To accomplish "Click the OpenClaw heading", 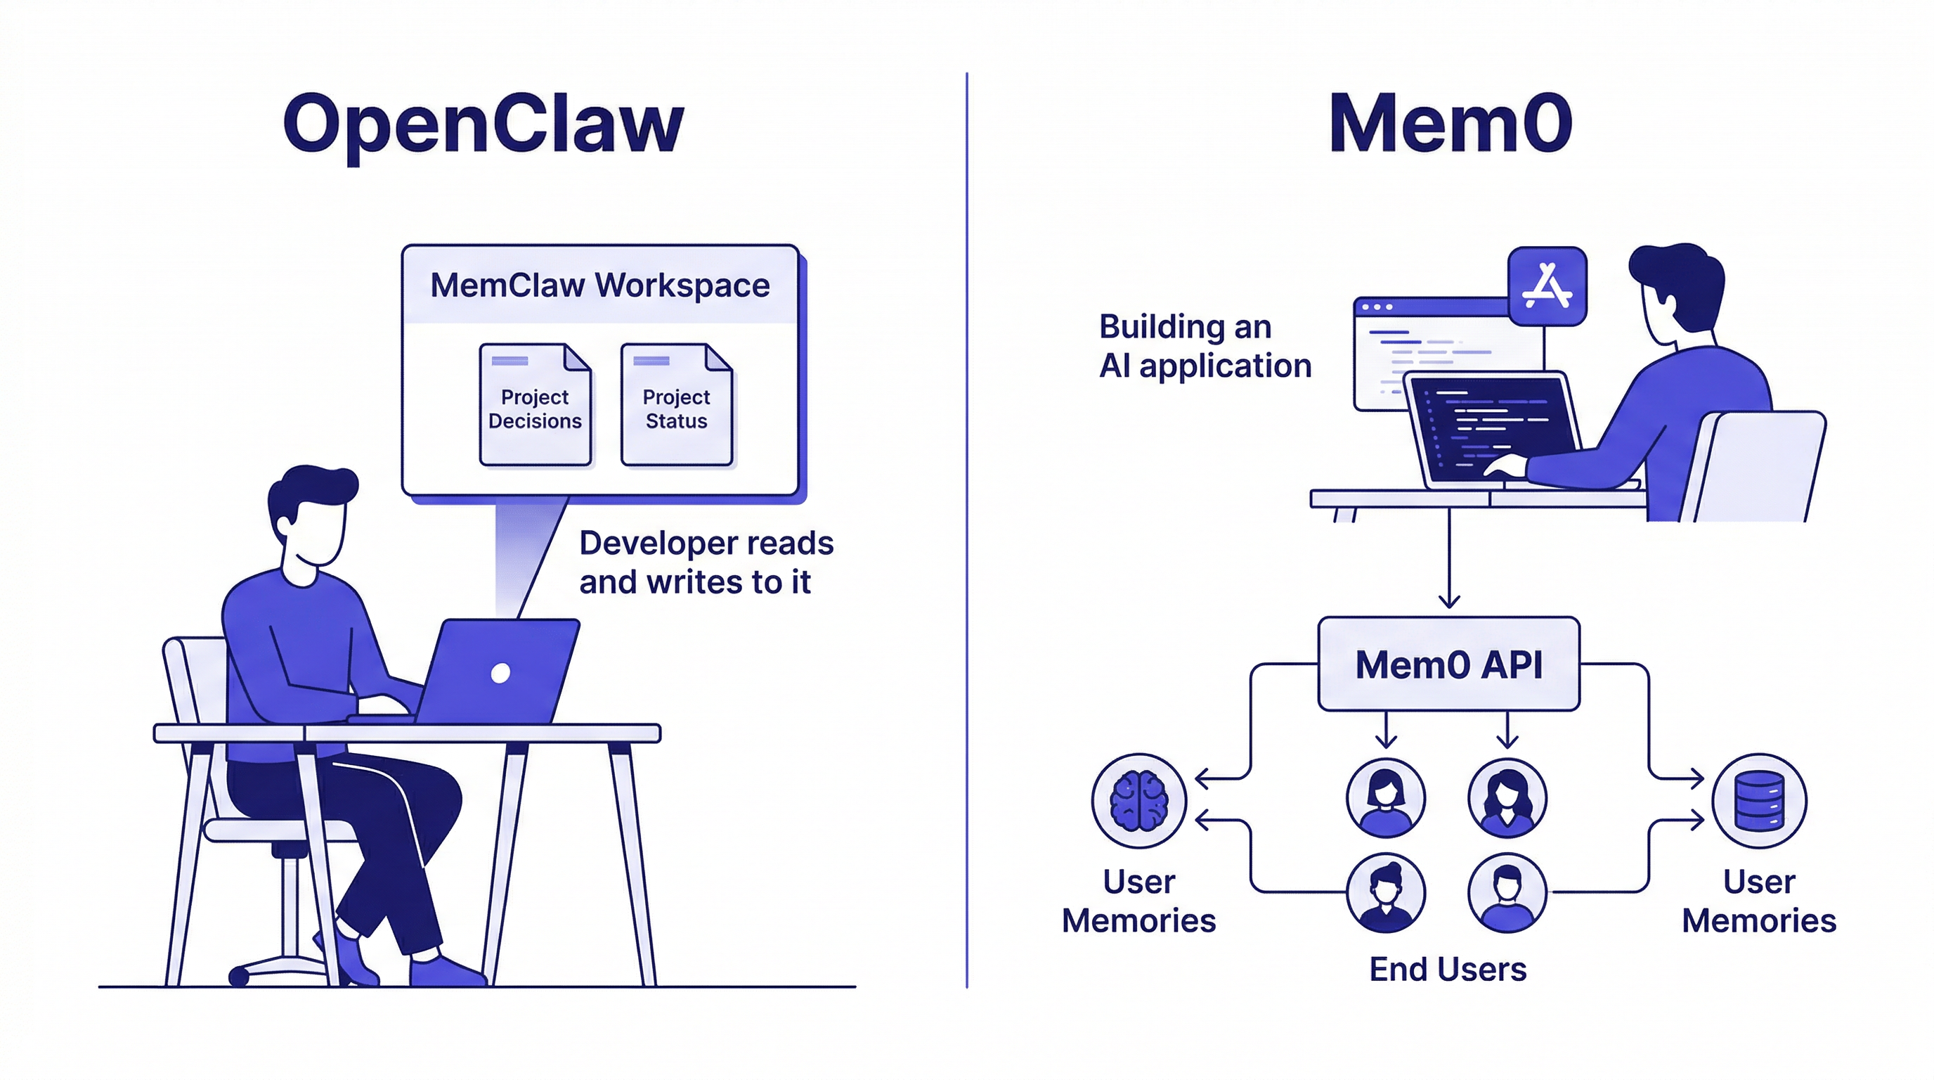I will tap(483, 124).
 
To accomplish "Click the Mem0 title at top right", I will tap(1450, 123).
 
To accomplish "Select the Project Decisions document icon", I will tap(536, 405).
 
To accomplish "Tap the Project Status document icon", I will tap(677, 405).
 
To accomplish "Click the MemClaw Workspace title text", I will tap(600, 285).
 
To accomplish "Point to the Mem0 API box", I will tap(1448, 664).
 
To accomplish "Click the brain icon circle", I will tap(1138, 801).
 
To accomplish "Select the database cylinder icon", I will tap(1758, 801).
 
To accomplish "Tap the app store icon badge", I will tap(1547, 286).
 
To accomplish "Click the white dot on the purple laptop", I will tap(500, 673).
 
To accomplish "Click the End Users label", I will tap(1448, 970).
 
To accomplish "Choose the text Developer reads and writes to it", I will tap(705, 562).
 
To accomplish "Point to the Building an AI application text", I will tap(1205, 346).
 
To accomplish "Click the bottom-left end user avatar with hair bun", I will tap(1385, 892).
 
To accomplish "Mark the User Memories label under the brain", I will tap(1138, 901).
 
